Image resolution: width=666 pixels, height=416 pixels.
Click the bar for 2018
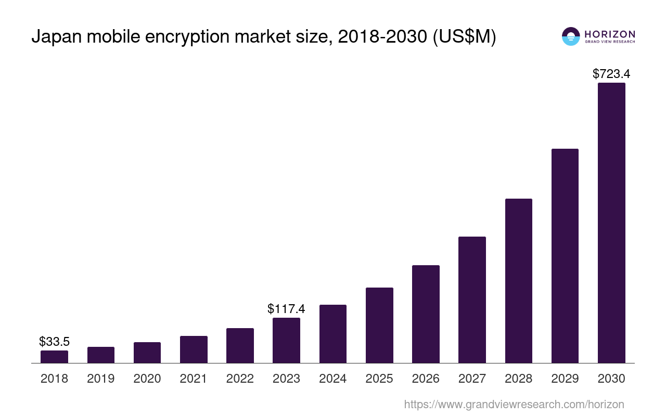click(54, 357)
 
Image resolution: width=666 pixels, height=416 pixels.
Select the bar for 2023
click(286, 340)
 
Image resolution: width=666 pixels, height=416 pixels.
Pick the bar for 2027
click(472, 300)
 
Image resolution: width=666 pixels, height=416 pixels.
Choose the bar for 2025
click(379, 325)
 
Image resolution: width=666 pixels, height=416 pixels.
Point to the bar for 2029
click(565, 256)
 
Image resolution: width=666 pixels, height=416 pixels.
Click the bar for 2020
click(147, 353)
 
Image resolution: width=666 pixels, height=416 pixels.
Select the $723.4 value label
click(611, 74)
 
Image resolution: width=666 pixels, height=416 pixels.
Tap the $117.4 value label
click(286, 308)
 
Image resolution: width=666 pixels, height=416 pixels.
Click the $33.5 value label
click(54, 342)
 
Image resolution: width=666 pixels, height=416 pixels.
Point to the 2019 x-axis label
click(101, 379)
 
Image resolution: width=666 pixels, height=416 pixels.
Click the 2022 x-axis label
click(240, 379)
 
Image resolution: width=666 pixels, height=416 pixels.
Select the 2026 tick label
click(426, 379)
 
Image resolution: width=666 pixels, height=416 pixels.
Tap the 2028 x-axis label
click(519, 379)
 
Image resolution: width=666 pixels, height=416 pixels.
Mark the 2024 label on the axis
click(333, 379)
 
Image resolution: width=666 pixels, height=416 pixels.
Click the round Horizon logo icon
click(571, 36)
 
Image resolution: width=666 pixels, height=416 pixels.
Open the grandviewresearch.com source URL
click(514, 404)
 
